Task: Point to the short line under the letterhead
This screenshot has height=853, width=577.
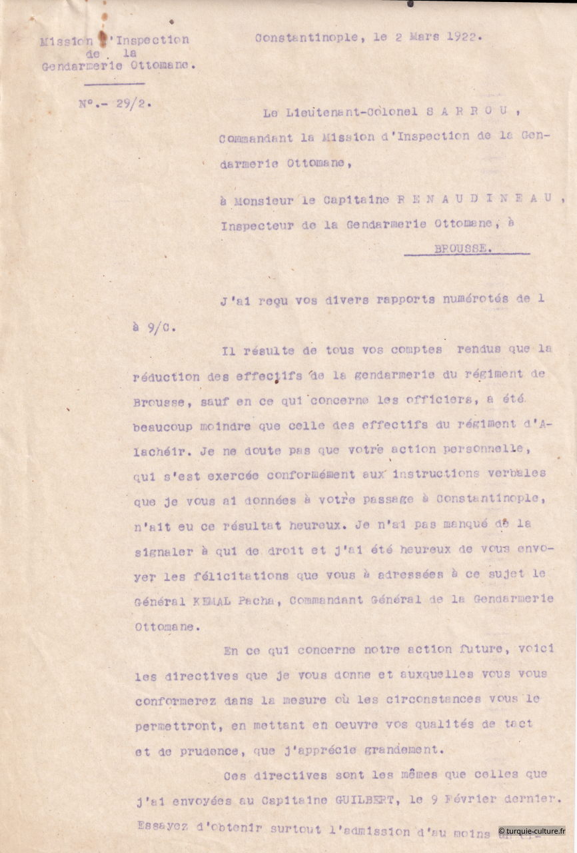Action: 114,84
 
